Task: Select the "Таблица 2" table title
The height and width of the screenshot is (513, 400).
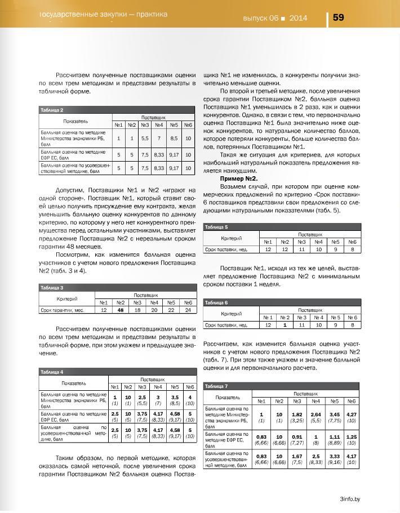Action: click(x=51, y=110)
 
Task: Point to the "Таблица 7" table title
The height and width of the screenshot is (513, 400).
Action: click(x=217, y=386)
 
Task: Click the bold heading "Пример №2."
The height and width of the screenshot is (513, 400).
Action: click(x=239, y=178)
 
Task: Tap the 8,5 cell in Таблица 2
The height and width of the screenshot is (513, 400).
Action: click(x=174, y=138)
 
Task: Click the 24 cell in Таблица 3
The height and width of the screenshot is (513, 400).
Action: click(x=189, y=310)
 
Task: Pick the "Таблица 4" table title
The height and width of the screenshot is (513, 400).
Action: click(x=51, y=372)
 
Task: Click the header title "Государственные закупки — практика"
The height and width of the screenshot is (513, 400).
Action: click(x=104, y=14)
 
